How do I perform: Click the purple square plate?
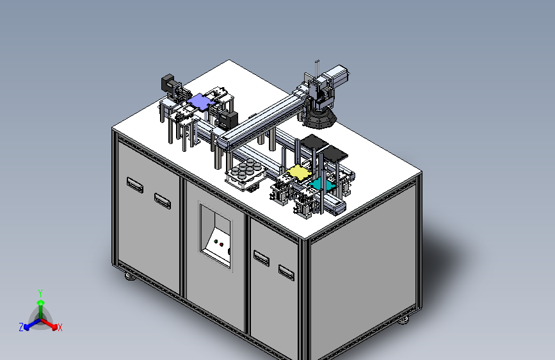point(201,102)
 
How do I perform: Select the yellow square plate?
point(299,172)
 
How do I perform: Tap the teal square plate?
point(321,184)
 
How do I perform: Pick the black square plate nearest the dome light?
point(314,142)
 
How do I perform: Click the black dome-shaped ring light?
point(319,119)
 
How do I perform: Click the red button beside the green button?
point(221,245)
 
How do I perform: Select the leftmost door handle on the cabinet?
point(135,184)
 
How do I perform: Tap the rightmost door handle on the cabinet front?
point(286,272)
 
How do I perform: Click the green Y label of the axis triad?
point(40,293)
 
